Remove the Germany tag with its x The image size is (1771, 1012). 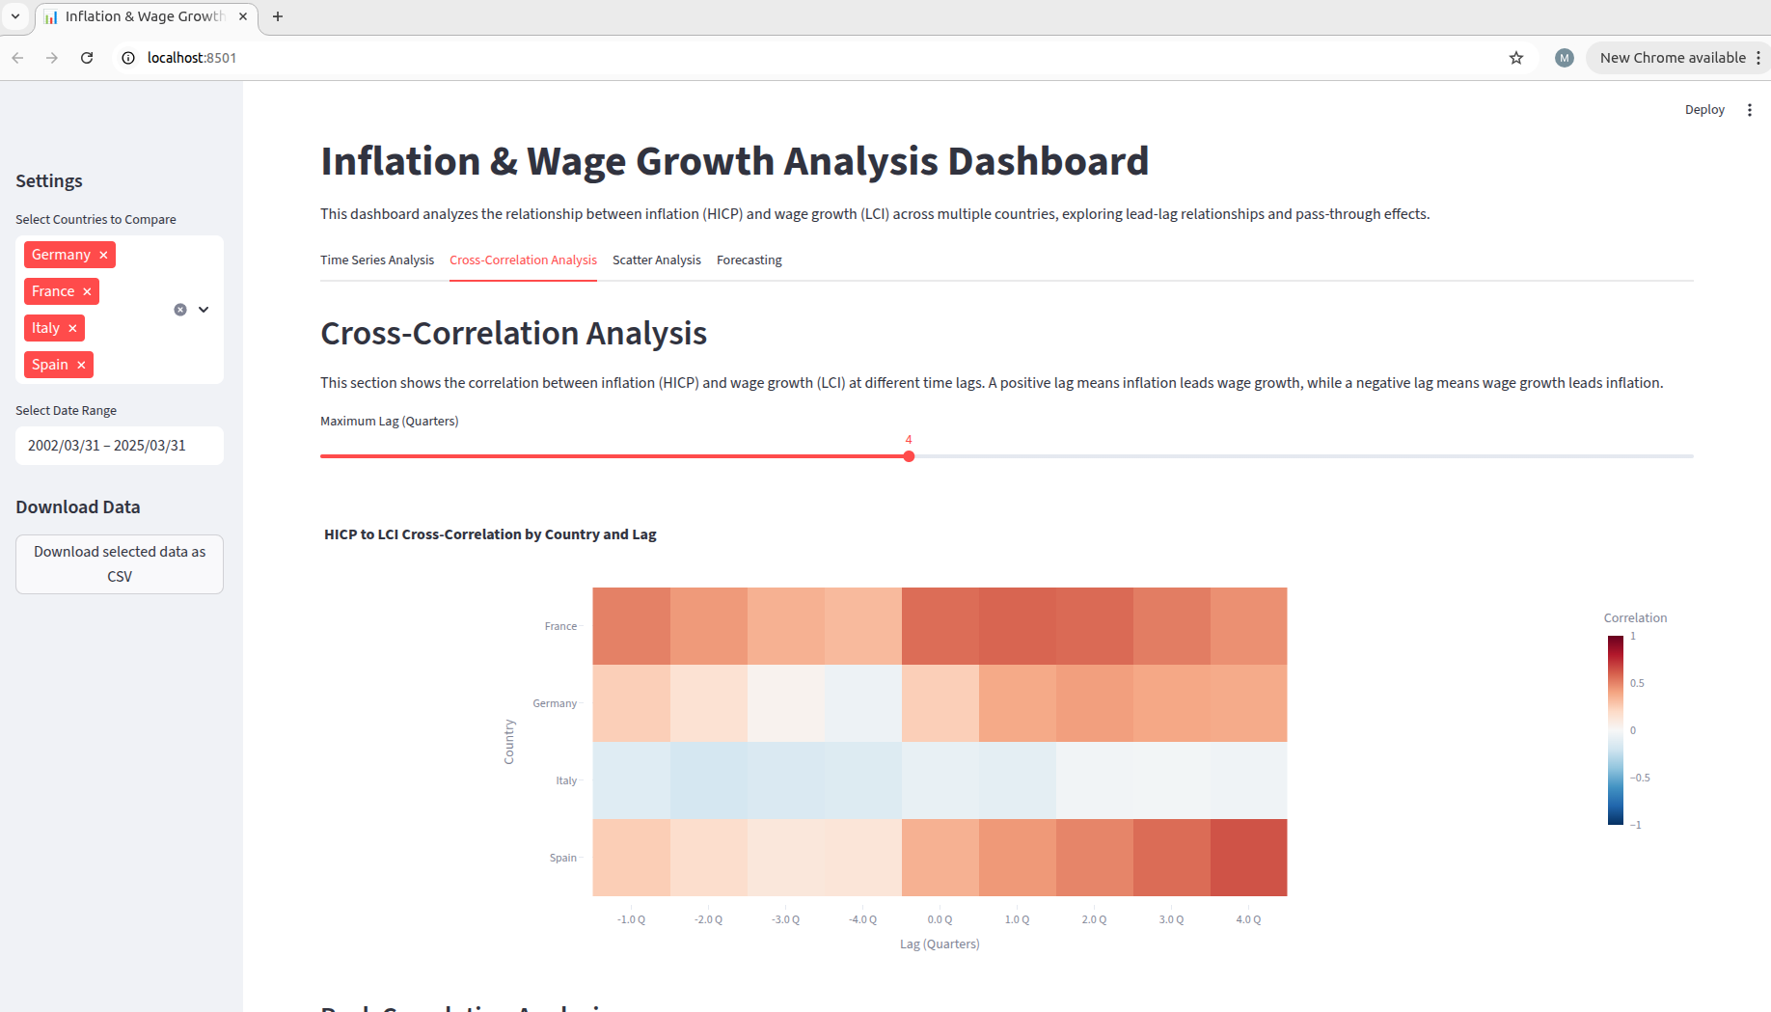coord(103,255)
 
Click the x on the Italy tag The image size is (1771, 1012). coord(72,328)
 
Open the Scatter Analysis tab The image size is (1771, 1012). coord(656,260)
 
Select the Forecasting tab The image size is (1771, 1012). coord(749,260)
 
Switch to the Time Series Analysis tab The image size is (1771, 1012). coord(377,260)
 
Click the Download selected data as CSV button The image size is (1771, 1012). coord(120,564)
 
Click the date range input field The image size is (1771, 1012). coord(120,446)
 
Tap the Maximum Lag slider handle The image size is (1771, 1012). coord(909,456)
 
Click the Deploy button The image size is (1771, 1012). coord(1703,110)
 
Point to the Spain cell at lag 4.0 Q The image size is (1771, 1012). coord(1248,858)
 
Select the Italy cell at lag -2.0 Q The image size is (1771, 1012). coord(709,780)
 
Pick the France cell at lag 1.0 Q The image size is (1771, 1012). coord(1017,626)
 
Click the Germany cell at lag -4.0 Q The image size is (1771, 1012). coord(863,703)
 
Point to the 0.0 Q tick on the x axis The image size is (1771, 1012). coord(940,919)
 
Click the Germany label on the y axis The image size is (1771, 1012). coord(555,703)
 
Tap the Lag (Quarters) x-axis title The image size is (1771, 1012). coord(940,944)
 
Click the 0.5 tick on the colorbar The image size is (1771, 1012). coord(1637,683)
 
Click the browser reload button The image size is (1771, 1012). coord(87,58)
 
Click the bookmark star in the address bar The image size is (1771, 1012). coord(1516,58)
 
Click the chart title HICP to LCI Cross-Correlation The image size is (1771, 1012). coord(490,534)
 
